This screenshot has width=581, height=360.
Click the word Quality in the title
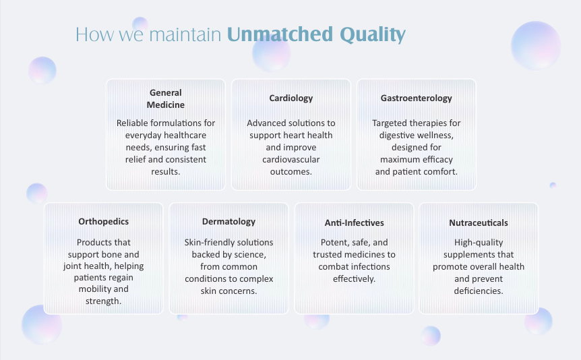pos(372,34)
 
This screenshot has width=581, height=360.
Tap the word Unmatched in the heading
pos(280,34)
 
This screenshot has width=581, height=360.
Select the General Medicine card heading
pos(166,98)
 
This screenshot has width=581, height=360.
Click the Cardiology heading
pos(291,98)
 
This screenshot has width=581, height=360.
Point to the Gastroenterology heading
pos(416,98)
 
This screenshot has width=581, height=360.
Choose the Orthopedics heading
pos(103,222)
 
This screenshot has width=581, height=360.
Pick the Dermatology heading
pos(228,222)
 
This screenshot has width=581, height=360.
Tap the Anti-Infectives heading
pos(355,223)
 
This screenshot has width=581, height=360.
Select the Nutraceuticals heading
pos(479,223)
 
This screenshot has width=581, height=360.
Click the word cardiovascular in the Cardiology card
pos(291,159)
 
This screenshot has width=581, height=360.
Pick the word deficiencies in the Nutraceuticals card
pos(479,291)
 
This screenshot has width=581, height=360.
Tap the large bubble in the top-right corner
pos(535,46)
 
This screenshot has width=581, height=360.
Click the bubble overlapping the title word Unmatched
pos(271,52)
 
